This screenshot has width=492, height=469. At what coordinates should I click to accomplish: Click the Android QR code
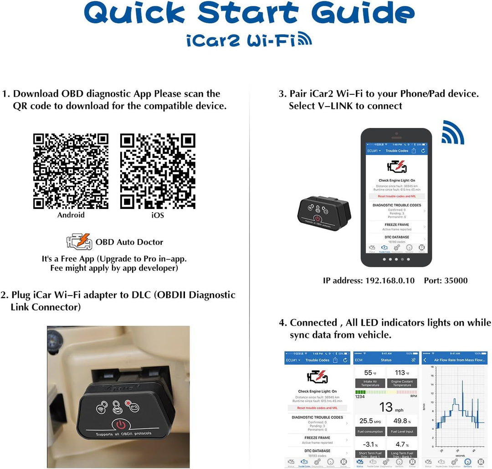tap(71, 171)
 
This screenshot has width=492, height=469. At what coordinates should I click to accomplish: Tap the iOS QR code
tap(158, 171)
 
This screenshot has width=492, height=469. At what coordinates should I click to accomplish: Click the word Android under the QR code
tap(71, 215)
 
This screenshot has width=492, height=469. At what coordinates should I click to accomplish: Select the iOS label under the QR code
tap(158, 215)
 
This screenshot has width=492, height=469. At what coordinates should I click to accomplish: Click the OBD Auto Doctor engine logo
tap(79, 242)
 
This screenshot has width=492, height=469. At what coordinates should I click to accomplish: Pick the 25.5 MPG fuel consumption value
tap(369, 421)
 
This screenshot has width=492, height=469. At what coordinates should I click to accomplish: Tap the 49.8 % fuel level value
tap(402, 421)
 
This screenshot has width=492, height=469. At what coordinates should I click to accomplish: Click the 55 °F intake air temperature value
tap(369, 373)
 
